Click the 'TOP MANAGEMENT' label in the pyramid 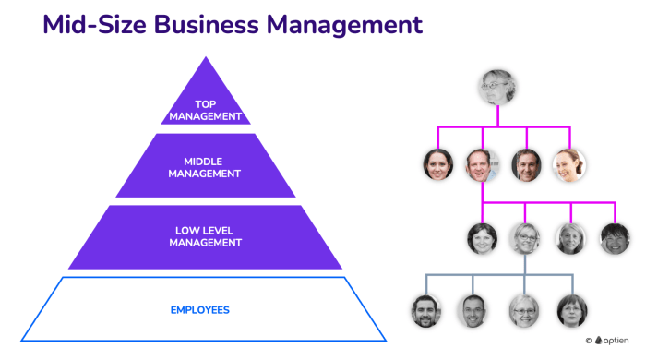pyautogui.click(x=206, y=110)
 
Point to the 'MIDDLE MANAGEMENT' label pyautogui.click(x=206, y=167)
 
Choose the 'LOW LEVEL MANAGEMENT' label pyautogui.click(x=206, y=236)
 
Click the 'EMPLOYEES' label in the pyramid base pyautogui.click(x=199, y=309)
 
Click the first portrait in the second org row pyautogui.click(x=437, y=165)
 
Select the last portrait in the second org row pyautogui.click(x=568, y=165)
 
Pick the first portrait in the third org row pyautogui.click(x=482, y=239)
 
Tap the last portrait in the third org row pyautogui.click(x=615, y=239)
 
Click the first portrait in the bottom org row pyautogui.click(x=426, y=311)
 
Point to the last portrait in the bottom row pyautogui.click(x=571, y=311)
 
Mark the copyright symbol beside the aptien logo pyautogui.click(x=589, y=342)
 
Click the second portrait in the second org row pyautogui.click(x=482, y=165)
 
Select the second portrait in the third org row pyautogui.click(x=526, y=239)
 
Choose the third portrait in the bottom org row pyautogui.click(x=523, y=311)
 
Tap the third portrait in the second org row pyautogui.click(x=526, y=165)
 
